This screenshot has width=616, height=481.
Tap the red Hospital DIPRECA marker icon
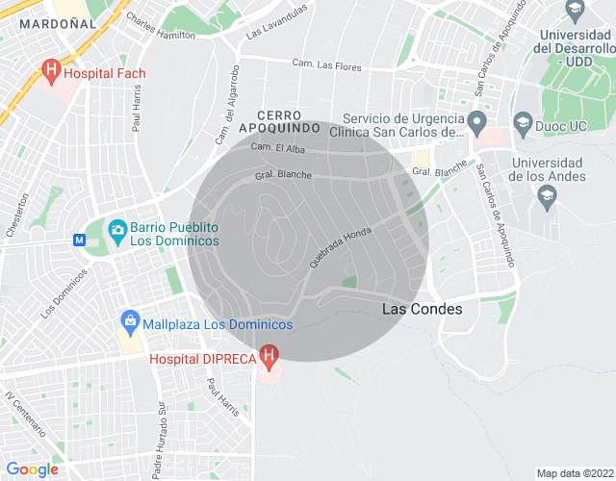(x=270, y=357)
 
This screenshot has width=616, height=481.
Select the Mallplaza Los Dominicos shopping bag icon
(x=128, y=321)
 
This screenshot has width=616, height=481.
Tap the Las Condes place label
(x=423, y=309)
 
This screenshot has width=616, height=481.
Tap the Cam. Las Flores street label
(x=326, y=64)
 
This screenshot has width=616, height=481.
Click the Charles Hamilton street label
(x=160, y=26)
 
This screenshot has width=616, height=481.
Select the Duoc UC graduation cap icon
(x=523, y=122)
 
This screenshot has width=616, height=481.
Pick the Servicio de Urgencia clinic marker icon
(x=476, y=122)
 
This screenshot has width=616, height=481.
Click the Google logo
(x=33, y=468)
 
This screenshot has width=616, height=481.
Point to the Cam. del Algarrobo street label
(x=227, y=105)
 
